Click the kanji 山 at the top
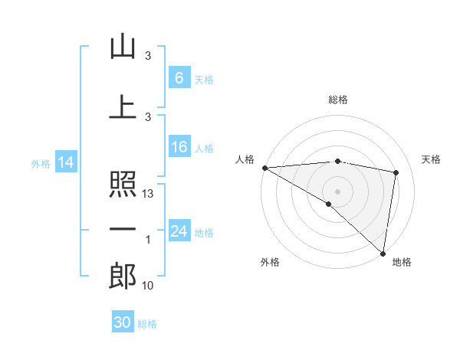pyautogui.click(x=123, y=47)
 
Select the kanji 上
pyautogui.click(x=123, y=107)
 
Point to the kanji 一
pyautogui.click(x=123, y=230)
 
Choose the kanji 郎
pyautogui.click(x=123, y=277)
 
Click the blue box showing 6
pyautogui.click(x=179, y=77)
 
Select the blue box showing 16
pyautogui.click(x=179, y=148)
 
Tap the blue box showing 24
pyautogui.click(x=179, y=231)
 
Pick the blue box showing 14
pyautogui.click(x=65, y=162)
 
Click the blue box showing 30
pyautogui.click(x=123, y=322)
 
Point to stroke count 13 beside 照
pyautogui.click(x=149, y=195)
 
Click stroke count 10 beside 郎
pyautogui.click(x=149, y=286)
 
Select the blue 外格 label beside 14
pyautogui.click(x=41, y=163)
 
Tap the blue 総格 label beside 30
pyautogui.click(x=148, y=324)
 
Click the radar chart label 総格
pyautogui.click(x=337, y=100)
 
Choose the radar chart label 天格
pyautogui.click(x=431, y=159)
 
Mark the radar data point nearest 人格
pyautogui.click(x=264, y=168)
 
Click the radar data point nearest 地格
pyautogui.click(x=383, y=253)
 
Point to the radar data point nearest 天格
pyautogui.click(x=396, y=172)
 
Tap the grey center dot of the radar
pyautogui.click(x=337, y=190)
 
